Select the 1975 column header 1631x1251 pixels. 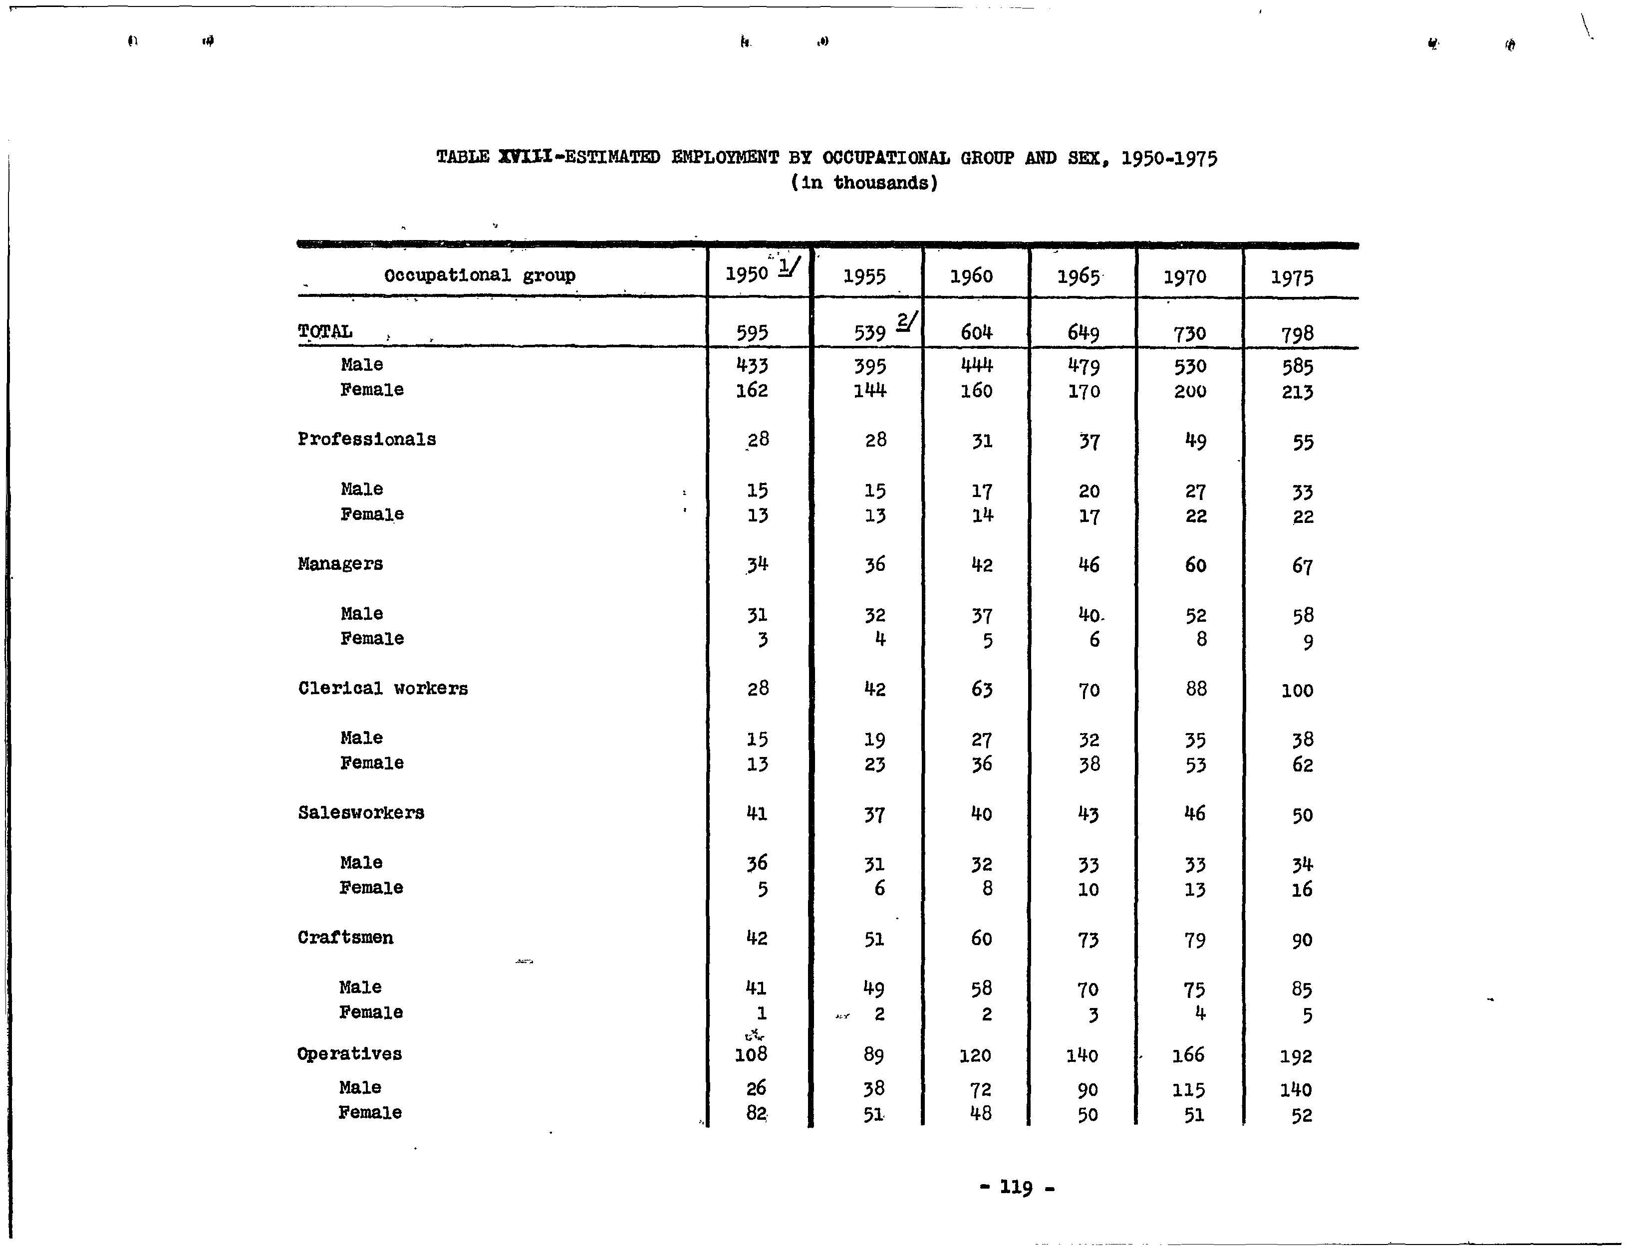click(1292, 278)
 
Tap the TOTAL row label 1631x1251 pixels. click(325, 331)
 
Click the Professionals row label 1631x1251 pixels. click(366, 439)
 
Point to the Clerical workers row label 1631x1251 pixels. click(383, 689)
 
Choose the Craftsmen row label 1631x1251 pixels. click(345, 938)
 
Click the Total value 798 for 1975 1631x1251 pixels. click(1297, 334)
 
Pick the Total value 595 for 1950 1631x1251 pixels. click(752, 333)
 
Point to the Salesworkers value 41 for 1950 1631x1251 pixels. click(756, 814)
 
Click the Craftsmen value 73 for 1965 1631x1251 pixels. click(1087, 940)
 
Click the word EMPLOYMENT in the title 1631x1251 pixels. click(725, 158)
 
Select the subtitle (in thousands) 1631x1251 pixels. click(863, 183)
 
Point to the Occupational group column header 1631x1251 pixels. click(480, 275)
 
